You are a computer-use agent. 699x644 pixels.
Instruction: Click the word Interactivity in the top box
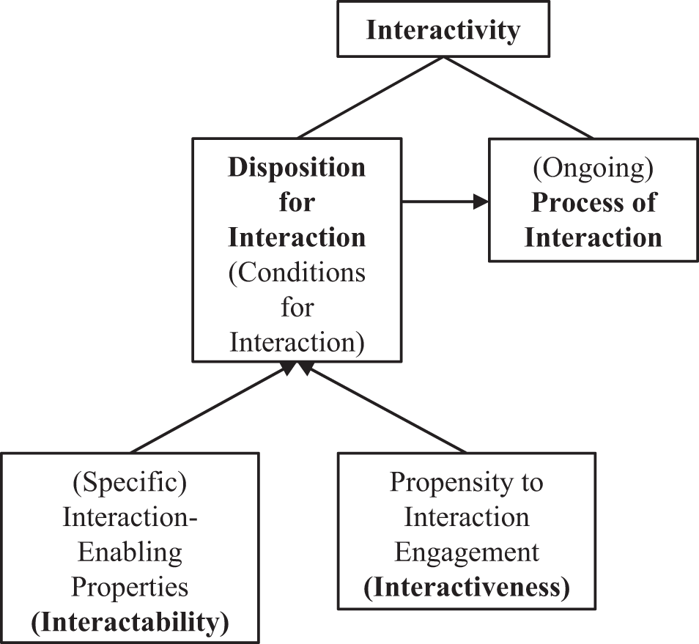[x=443, y=30]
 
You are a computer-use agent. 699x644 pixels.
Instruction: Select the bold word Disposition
[x=296, y=168]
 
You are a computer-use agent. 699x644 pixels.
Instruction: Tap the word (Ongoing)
[x=593, y=168]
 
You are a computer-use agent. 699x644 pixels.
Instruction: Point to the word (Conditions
[x=296, y=273]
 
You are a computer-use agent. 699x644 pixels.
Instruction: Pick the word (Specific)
[x=130, y=482]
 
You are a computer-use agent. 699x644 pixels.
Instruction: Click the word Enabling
[x=130, y=552]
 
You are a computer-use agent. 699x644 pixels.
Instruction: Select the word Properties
[x=130, y=587]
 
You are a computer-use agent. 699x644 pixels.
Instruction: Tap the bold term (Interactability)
[x=130, y=622]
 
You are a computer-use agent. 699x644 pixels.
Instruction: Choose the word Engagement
[x=467, y=552]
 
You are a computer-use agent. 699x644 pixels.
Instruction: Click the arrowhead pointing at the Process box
[x=481, y=202]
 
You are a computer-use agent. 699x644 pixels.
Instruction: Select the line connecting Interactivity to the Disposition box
[x=370, y=97]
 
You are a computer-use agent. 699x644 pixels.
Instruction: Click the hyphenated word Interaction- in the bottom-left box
[x=130, y=517]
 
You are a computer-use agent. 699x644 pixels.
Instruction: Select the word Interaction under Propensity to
[x=467, y=517]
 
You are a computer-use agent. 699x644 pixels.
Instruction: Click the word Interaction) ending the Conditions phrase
[x=296, y=343]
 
